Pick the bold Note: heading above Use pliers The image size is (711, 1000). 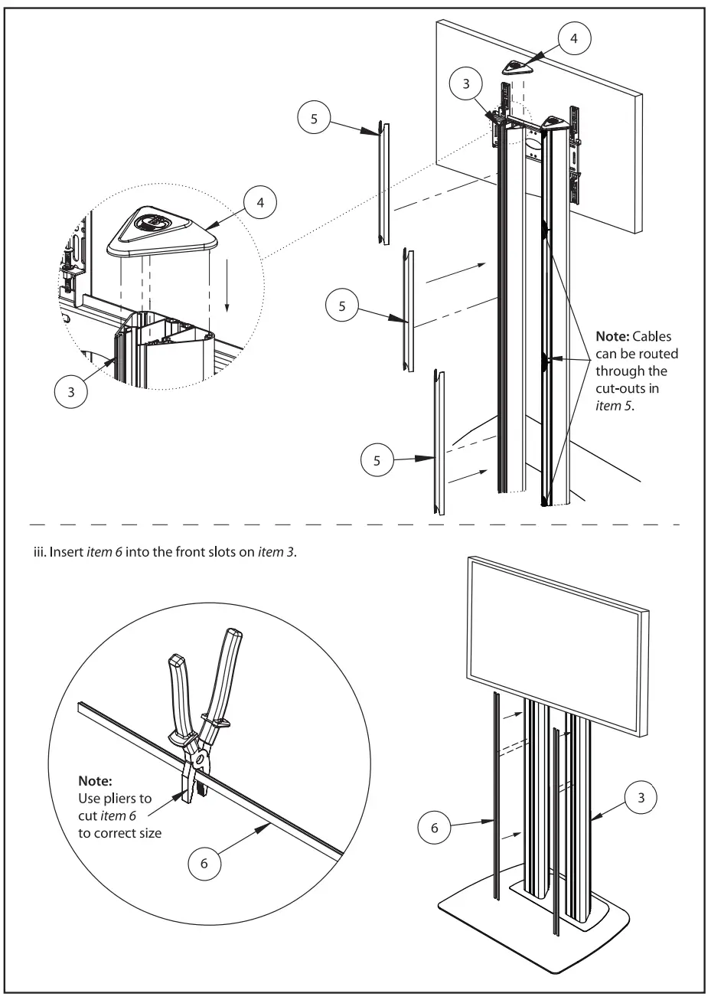pos(96,783)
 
